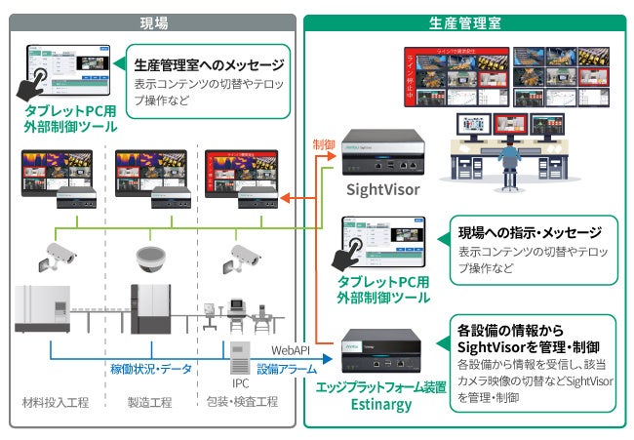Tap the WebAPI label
[290, 347]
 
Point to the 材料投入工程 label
[55, 401]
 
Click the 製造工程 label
[149, 401]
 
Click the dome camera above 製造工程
[149, 256]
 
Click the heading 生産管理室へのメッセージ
[208, 64]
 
